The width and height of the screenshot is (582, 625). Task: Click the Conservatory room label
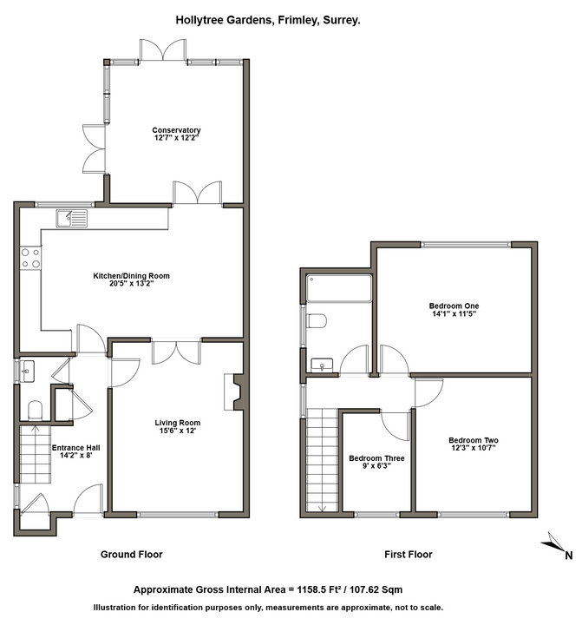click(x=176, y=130)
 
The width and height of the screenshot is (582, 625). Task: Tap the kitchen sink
click(x=72, y=219)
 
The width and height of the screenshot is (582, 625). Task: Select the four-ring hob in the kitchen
click(x=30, y=258)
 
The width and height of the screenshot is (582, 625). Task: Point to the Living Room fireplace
click(x=234, y=391)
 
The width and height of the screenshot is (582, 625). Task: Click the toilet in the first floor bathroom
click(x=317, y=321)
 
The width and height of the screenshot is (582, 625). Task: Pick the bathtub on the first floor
click(x=339, y=288)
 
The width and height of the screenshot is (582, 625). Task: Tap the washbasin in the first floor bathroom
click(x=322, y=365)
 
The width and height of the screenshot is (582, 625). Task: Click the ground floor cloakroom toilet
click(x=35, y=410)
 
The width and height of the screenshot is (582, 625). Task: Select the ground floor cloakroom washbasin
click(x=27, y=372)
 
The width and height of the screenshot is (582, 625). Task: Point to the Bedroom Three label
click(x=376, y=458)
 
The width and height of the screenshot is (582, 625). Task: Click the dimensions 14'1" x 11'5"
click(x=454, y=313)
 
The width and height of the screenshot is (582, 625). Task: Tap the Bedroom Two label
click(x=474, y=440)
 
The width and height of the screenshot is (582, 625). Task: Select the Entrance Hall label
click(x=76, y=448)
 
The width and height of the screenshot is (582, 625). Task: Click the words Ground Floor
click(x=132, y=555)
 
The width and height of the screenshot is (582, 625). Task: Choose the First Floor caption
click(x=409, y=555)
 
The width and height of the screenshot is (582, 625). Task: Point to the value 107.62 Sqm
click(x=376, y=589)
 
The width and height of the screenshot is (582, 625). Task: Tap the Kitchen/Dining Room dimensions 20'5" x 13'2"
click(x=132, y=284)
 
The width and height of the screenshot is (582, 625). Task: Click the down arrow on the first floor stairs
click(x=322, y=508)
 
